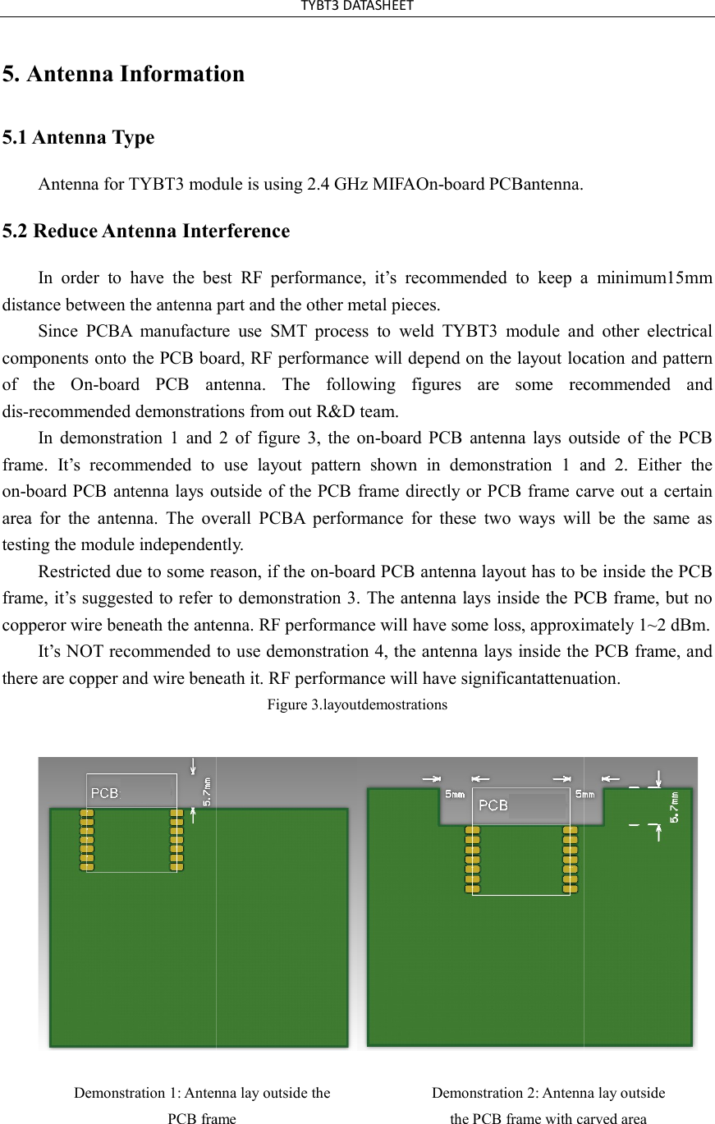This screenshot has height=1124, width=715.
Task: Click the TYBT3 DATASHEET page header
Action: point(357,7)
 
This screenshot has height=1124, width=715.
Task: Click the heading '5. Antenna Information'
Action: point(123,74)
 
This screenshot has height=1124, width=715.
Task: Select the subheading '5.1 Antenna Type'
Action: point(78,137)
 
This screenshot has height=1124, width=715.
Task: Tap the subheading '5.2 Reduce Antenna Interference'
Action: point(146,231)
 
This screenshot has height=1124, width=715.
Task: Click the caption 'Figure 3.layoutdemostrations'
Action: point(357,704)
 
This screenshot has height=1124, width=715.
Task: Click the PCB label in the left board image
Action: point(104,793)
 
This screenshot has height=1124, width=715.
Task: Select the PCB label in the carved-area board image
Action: point(493,805)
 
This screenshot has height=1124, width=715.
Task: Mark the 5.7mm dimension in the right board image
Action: point(675,806)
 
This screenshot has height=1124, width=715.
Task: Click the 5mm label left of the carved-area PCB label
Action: point(455,794)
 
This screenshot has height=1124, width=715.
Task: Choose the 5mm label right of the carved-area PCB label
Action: point(585,794)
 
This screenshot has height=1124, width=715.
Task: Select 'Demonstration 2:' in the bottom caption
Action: point(485,1093)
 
